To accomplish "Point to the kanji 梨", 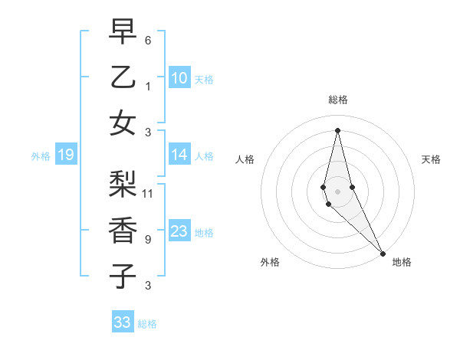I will point(123,185).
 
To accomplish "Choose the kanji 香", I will point(123,230).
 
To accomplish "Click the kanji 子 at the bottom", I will point(123,276).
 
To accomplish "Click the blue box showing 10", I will point(179,78).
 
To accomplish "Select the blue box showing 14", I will point(179,155).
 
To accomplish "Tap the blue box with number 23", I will point(179,231).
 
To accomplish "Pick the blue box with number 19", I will point(66,155).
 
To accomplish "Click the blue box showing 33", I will point(123,322).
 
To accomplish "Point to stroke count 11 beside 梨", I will point(148,193).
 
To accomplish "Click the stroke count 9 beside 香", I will point(148,239).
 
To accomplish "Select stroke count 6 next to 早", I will point(148,40).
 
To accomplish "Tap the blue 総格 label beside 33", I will point(147,324).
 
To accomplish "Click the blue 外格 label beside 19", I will point(41,156).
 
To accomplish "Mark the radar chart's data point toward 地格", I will point(383,253).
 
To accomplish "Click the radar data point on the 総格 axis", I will point(337,129).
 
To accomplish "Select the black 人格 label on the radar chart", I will point(245,159).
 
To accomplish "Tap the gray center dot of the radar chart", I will point(337,190).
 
